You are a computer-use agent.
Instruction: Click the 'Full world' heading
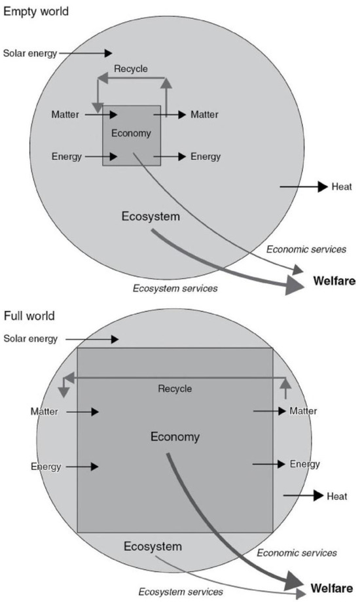point(29,316)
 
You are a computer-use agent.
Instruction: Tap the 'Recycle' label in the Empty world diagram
point(131,69)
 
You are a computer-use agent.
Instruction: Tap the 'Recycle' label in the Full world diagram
point(175,389)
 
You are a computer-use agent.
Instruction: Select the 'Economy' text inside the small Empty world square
point(131,134)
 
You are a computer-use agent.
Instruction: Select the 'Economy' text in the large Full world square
point(175,437)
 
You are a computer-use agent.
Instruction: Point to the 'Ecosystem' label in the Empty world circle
point(150,215)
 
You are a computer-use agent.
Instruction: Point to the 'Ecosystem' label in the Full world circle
point(153,546)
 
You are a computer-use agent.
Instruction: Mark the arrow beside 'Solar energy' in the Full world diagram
point(92,339)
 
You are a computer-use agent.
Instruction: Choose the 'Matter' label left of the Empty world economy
point(65,115)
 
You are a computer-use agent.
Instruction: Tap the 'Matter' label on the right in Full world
point(303,411)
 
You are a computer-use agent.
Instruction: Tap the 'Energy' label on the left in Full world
point(45,467)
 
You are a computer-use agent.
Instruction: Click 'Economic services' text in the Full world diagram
point(297,553)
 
